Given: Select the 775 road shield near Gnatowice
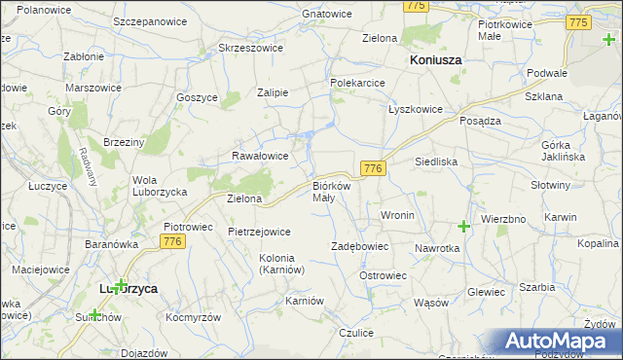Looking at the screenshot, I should point(417,6).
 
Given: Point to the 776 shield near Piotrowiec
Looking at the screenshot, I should point(173,241).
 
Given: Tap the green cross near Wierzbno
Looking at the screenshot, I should point(464,227).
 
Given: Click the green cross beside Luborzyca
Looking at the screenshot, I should point(120,286).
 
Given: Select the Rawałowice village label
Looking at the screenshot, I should point(259,156).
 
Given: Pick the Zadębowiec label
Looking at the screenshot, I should point(360,247).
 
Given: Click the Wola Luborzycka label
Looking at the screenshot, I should point(159,186).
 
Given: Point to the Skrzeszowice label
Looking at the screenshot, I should point(250,48).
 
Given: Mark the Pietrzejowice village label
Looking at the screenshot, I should point(259,233).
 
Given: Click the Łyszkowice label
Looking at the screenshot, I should point(416,109).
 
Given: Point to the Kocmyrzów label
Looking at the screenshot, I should point(193,318).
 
